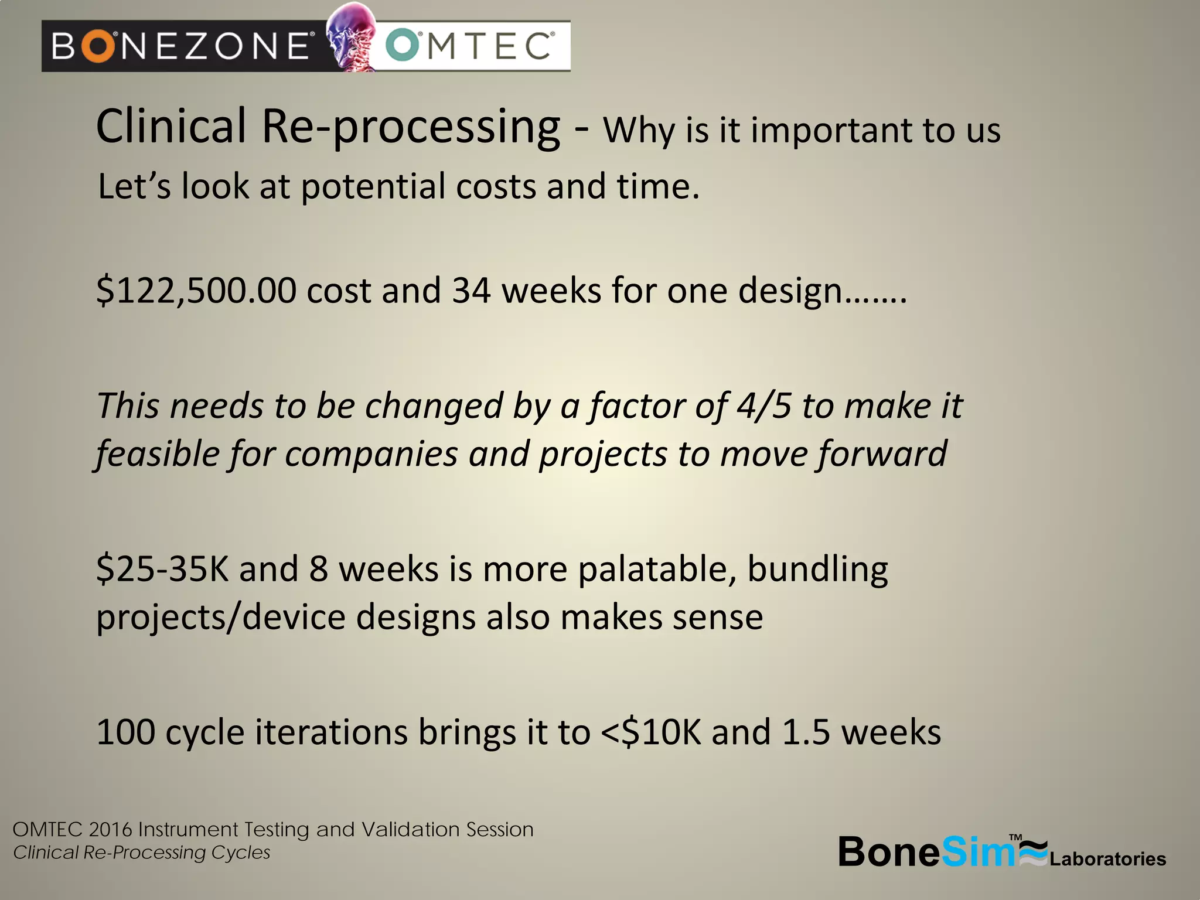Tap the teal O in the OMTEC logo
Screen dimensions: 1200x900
coord(403,46)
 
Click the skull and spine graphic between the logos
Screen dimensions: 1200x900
coord(351,36)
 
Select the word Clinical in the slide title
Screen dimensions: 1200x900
coord(171,127)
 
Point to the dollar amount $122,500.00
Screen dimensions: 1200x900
coord(196,291)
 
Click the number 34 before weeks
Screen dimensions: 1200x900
coord(471,291)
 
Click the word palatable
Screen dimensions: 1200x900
coord(656,570)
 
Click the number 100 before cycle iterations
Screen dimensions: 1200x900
coord(125,732)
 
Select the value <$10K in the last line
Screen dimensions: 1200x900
coord(651,732)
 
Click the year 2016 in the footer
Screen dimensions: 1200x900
coord(111,830)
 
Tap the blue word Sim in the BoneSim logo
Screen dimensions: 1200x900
coord(977,852)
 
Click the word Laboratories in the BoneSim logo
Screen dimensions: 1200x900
coord(1107,859)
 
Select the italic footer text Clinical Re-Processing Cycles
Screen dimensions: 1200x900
coord(142,853)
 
